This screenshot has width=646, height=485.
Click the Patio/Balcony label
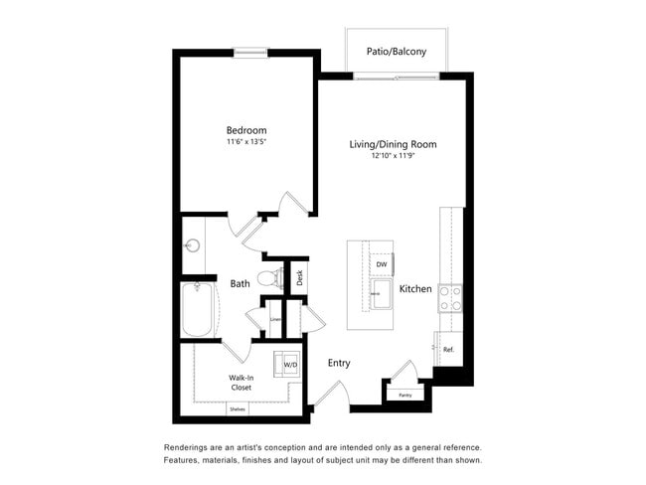(x=396, y=50)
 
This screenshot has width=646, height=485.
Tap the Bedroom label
(x=246, y=130)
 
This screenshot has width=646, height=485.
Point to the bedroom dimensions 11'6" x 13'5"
(x=246, y=142)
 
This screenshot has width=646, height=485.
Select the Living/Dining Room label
(x=393, y=144)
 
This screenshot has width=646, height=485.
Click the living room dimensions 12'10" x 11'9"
(x=393, y=156)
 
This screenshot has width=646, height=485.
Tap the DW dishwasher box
(x=381, y=265)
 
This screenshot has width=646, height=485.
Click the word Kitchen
(x=415, y=289)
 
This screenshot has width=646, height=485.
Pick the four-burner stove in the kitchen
(x=450, y=297)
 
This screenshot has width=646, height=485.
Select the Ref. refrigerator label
(x=448, y=349)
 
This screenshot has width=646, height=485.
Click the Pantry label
(x=404, y=396)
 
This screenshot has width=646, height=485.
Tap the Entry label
(x=339, y=364)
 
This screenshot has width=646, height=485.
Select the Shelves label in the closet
(x=238, y=408)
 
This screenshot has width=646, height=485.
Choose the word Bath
(x=241, y=284)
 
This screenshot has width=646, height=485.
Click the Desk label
(x=300, y=277)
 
